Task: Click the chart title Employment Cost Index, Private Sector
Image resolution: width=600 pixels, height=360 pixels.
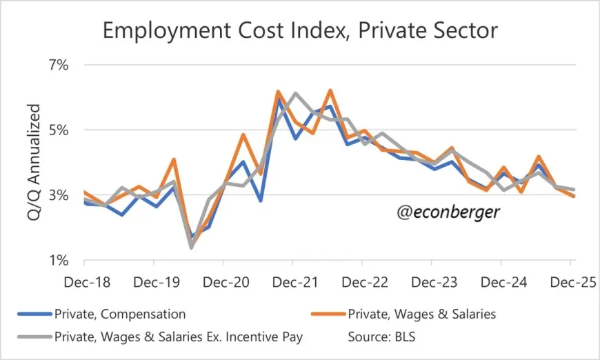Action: (300, 30)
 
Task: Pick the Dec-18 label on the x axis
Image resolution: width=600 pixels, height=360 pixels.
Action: (83, 283)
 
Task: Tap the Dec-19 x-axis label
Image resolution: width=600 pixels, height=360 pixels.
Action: (153, 283)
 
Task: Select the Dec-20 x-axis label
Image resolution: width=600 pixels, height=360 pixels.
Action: (223, 283)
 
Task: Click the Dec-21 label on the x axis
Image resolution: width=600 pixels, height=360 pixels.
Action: (292, 283)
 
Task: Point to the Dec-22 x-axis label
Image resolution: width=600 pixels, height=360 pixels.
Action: (362, 283)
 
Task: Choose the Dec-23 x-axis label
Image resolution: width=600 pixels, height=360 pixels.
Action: (432, 283)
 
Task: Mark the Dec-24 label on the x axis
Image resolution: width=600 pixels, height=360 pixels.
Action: (501, 283)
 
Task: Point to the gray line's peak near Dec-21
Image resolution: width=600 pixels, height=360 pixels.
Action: (294, 93)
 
